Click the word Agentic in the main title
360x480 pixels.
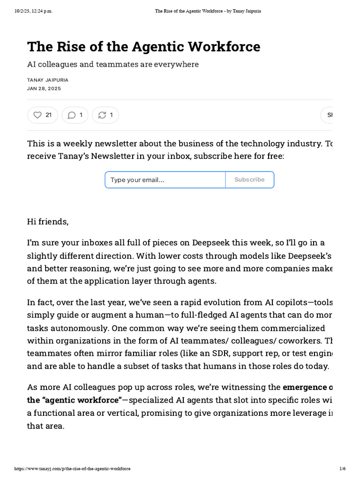click(x=157, y=47)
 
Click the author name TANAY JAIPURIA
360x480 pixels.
click(x=48, y=80)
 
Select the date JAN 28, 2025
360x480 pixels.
click(x=44, y=88)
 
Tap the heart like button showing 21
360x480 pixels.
click(x=43, y=115)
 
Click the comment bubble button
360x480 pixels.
click(x=75, y=115)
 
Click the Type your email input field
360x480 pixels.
click(x=165, y=180)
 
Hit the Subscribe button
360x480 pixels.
click(x=249, y=180)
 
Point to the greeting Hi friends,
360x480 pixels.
click(x=48, y=222)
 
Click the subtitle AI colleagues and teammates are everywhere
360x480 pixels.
click(x=113, y=64)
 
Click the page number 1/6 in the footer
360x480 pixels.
click(x=342, y=469)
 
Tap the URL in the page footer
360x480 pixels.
click(x=73, y=469)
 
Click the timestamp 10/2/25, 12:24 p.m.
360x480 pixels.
click(x=33, y=11)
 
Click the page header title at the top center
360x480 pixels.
click(x=208, y=11)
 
